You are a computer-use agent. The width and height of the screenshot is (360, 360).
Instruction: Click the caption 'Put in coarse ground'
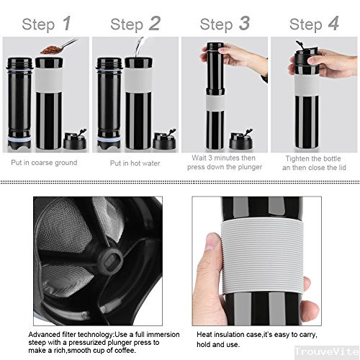coord(44,163)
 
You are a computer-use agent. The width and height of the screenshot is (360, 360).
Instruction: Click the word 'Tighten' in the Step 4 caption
coord(297,158)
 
